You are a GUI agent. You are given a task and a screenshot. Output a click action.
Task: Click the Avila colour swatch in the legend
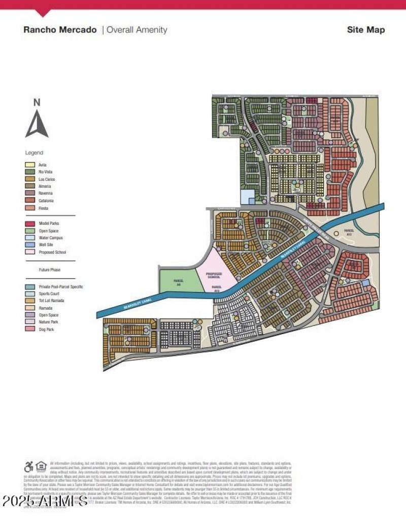(30, 165)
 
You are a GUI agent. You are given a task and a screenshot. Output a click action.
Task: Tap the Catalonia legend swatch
(30, 201)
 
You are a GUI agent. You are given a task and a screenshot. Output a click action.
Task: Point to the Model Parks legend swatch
(30, 223)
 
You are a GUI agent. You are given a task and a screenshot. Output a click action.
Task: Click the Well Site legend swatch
(30, 245)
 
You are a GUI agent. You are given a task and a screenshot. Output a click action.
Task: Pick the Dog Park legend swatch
(30, 330)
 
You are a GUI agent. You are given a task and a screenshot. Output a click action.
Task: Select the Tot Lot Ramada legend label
(51, 301)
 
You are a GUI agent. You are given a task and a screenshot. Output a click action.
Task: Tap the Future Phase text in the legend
(49, 270)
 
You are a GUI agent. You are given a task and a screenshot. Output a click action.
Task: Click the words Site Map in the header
(365, 29)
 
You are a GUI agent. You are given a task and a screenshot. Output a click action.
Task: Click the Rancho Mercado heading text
(60, 29)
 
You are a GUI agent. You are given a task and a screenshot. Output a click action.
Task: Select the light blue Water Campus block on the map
(247, 197)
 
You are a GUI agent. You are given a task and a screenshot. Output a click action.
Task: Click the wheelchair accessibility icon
(29, 467)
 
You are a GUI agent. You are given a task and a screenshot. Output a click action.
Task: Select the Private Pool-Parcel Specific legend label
(61, 287)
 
